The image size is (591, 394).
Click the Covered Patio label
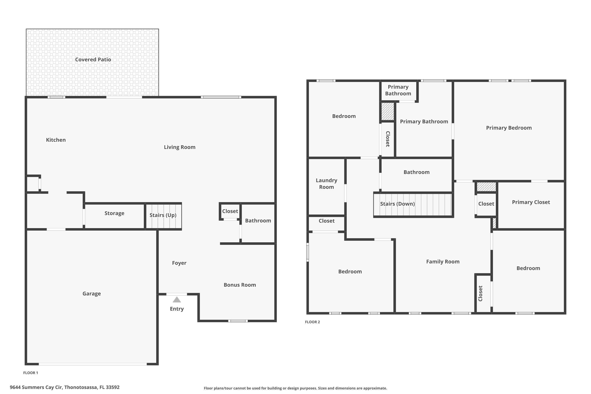click(x=93, y=59)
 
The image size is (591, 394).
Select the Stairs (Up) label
click(x=163, y=215)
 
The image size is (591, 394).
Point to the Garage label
click(x=91, y=294)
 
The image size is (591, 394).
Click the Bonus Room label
click(x=240, y=285)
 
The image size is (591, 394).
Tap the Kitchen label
click(x=56, y=140)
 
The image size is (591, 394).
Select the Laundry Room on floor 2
click(x=326, y=184)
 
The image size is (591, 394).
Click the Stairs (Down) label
click(x=397, y=204)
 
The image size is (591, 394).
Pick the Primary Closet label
click(x=531, y=202)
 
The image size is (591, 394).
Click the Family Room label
click(x=443, y=262)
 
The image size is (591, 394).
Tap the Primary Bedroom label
click(x=509, y=128)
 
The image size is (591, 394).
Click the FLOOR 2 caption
click(x=312, y=322)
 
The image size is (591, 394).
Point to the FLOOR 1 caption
click(x=30, y=373)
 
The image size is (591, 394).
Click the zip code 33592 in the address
click(x=112, y=387)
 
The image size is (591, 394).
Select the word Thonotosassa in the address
click(x=80, y=387)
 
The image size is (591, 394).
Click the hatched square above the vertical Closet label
click(x=387, y=111)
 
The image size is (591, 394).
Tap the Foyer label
click(x=179, y=263)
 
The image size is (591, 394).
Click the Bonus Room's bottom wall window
click(x=238, y=321)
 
